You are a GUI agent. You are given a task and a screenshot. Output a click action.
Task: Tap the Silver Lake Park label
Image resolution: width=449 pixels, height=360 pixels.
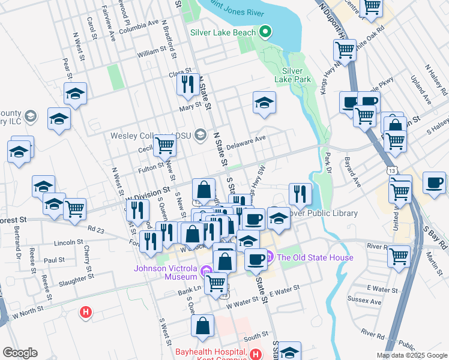pos(292,74)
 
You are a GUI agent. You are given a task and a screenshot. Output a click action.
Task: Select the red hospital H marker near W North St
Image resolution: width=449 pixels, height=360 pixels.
pos(86,312)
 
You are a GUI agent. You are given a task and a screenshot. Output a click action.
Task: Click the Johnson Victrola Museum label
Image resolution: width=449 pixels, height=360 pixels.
pos(157,272)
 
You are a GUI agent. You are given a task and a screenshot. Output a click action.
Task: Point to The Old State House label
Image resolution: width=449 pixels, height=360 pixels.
pos(315,258)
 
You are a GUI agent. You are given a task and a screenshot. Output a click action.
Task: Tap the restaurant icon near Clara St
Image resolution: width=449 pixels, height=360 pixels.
pos(188,85)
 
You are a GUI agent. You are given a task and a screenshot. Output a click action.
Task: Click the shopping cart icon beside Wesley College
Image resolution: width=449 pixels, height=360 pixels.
pos(164,145)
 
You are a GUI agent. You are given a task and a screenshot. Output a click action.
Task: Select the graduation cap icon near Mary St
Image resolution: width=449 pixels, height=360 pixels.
pos(264,103)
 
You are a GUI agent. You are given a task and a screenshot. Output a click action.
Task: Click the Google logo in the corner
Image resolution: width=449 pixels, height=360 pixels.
pos(20,353)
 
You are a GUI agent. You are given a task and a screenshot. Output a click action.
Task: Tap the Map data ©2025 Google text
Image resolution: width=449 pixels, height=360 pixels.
pos(411,355)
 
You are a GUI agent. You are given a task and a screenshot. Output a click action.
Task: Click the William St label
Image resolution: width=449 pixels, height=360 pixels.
pos(154,53)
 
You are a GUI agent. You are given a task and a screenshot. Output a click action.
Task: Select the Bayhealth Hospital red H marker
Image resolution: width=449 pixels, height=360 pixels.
pos(256,355)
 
